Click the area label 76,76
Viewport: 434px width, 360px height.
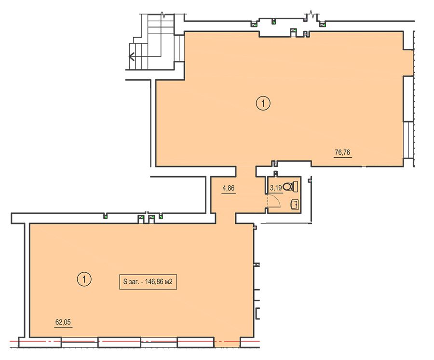pos(342,152)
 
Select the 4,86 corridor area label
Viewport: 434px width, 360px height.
pos(229,188)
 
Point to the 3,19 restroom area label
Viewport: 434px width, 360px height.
pos(276,188)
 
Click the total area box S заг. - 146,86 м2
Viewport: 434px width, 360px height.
pos(148,282)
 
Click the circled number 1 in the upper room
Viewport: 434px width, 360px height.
pos(263,103)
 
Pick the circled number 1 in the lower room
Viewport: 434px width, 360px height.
pos(84,279)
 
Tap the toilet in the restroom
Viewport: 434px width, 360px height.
pos(291,186)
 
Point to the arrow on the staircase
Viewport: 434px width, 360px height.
pos(132,56)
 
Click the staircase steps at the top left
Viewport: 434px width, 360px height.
pos(151,42)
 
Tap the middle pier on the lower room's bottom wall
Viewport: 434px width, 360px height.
pos(119,342)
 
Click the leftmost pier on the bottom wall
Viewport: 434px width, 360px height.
pos(40,342)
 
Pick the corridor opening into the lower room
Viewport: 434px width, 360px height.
pos(226,218)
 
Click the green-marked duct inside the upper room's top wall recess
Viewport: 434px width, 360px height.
pos(294,32)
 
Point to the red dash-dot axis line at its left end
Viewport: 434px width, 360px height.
pos(10,341)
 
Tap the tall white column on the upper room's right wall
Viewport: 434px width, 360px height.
pos(407,98)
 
